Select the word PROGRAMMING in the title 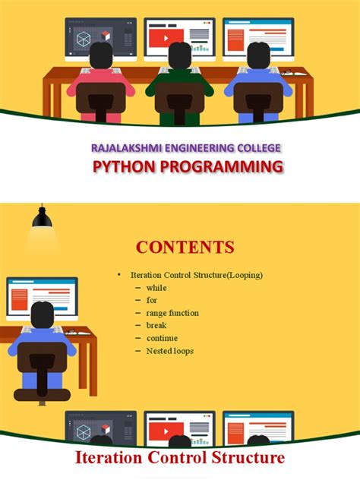(x=223, y=167)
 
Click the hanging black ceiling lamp (x=41, y=219)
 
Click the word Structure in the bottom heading (x=249, y=458)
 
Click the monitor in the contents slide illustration (x=42, y=296)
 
